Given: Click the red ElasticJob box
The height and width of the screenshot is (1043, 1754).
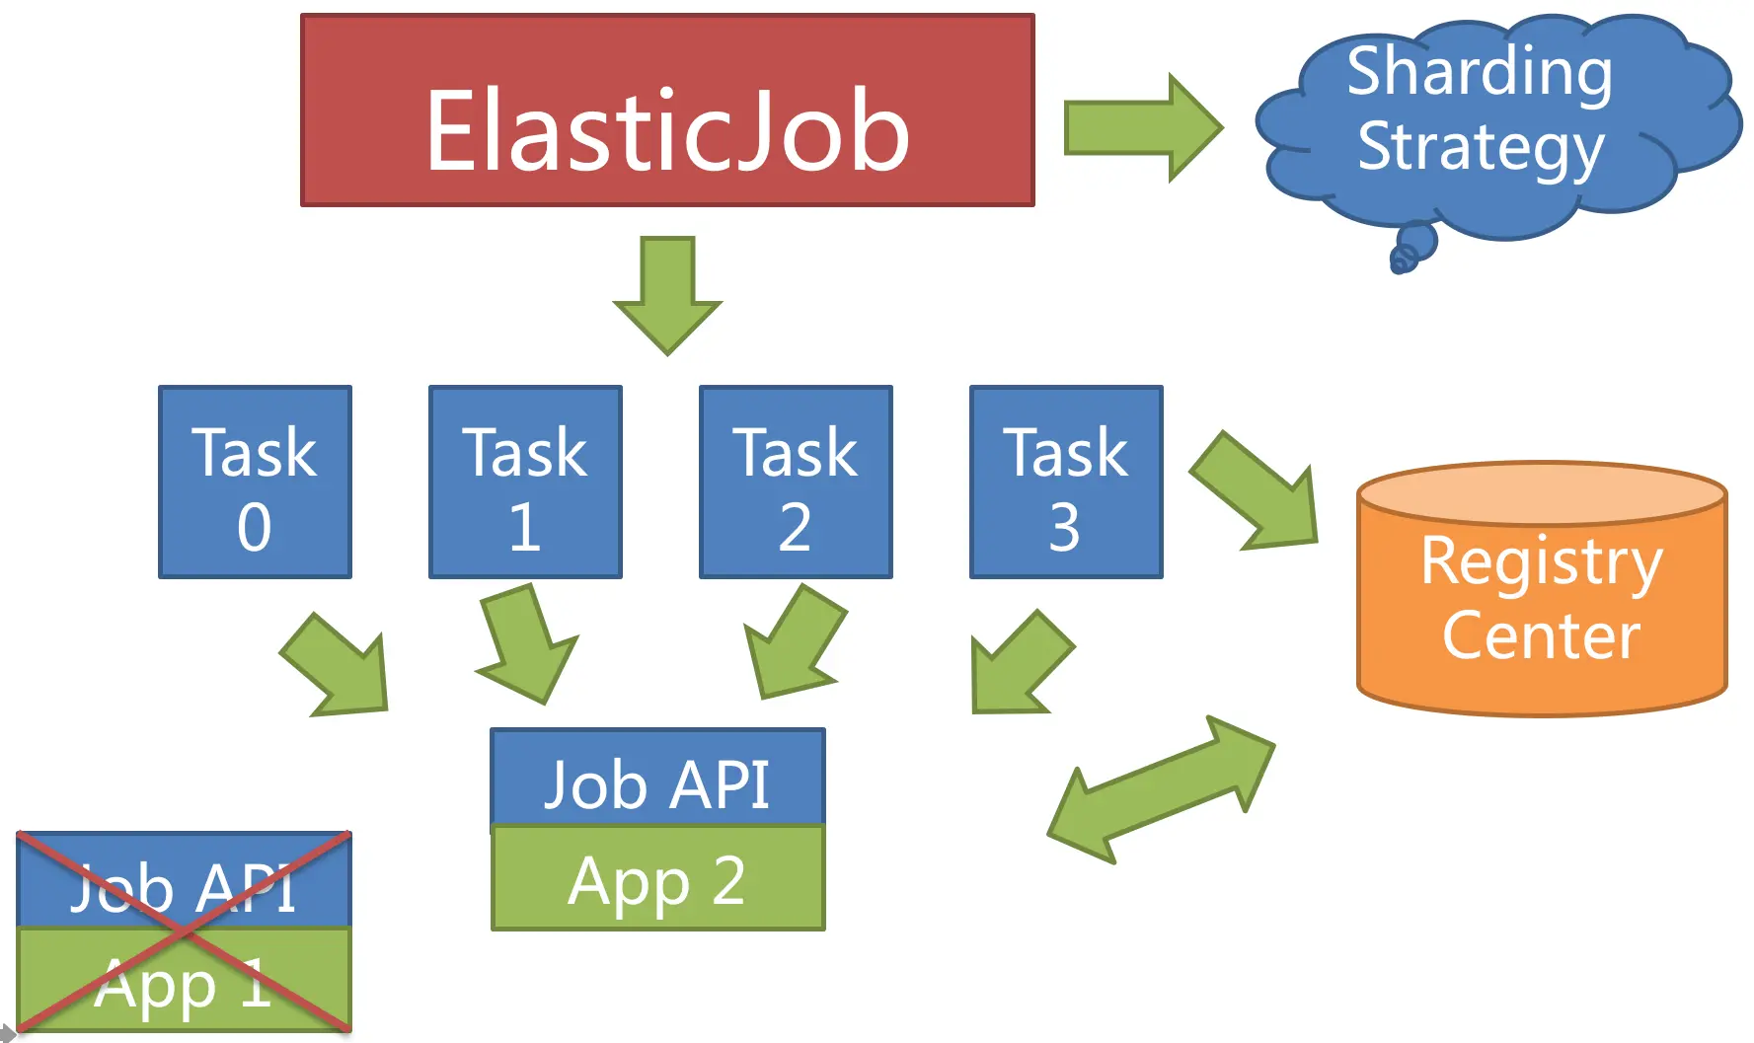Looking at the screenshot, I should [667, 111].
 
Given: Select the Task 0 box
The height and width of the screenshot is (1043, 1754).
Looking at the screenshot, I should [255, 482].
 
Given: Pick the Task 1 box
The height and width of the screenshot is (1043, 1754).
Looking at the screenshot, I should [525, 482].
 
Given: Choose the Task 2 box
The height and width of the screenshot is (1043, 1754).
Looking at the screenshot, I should [796, 482].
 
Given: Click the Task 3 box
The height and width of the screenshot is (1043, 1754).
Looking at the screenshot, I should [1066, 482].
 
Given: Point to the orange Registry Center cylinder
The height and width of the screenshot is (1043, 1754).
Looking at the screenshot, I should [1542, 602].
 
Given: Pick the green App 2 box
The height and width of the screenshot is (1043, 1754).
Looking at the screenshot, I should [657, 879].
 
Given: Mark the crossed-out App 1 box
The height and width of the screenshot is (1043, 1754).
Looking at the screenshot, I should [184, 981].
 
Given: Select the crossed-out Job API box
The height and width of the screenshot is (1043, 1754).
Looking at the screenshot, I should [184, 881].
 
